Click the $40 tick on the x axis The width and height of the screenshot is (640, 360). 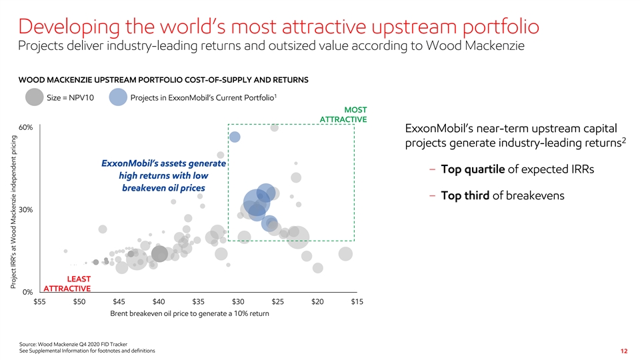pos(159,302)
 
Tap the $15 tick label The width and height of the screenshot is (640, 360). pos(357,302)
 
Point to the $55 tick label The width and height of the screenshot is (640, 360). pos(40,302)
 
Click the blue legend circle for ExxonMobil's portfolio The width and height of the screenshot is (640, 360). pos(118,97)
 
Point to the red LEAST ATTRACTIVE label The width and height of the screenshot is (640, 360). pos(67,283)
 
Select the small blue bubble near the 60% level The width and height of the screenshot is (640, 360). pos(235,137)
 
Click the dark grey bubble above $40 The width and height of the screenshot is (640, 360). pos(159,254)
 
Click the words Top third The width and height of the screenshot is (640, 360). pos(465,195)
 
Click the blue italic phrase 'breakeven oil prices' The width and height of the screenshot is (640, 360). pos(163,188)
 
